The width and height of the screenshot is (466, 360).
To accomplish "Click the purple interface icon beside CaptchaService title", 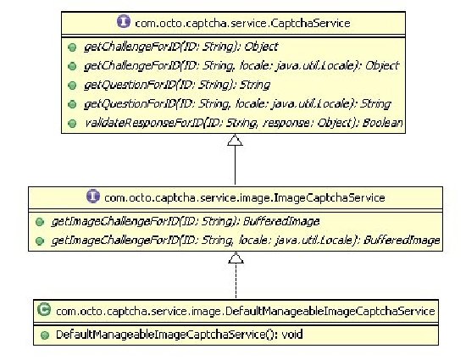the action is [x=124, y=22].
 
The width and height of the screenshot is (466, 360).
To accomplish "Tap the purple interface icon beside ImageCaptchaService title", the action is [x=93, y=196].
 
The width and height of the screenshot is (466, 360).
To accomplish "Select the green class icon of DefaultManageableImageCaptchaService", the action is [x=44, y=309].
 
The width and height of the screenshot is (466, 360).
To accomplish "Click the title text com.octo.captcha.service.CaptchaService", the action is [x=242, y=23].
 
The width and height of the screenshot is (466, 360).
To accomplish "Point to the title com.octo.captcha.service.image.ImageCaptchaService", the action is [x=245, y=197].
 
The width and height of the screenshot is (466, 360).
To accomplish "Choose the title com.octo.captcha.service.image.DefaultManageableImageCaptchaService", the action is [x=246, y=311].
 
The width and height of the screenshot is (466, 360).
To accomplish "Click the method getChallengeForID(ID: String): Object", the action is [x=180, y=47].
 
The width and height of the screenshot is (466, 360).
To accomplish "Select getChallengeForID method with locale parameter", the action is [x=241, y=65].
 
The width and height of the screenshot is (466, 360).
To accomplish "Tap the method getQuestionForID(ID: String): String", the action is [x=177, y=85].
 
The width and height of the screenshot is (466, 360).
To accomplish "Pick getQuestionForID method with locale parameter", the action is [x=237, y=104].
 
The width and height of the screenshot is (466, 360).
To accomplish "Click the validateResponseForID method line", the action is [x=244, y=123].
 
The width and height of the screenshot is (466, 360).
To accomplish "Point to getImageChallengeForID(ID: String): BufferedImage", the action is [x=186, y=221].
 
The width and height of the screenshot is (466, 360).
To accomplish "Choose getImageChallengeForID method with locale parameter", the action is [x=246, y=240].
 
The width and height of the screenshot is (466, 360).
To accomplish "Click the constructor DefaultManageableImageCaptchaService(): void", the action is [x=180, y=335].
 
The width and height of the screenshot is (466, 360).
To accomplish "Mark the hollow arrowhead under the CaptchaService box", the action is [x=235, y=140].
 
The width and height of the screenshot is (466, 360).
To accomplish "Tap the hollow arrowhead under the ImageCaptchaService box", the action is [x=236, y=258].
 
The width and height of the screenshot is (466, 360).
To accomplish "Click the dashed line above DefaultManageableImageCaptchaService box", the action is [x=236, y=281].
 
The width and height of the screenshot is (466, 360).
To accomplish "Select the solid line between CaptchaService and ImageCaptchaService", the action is [x=235, y=165].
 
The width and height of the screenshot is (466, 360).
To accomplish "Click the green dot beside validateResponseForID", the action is [x=72, y=124].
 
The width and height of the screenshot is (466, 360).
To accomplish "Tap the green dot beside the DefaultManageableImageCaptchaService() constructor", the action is [x=45, y=335].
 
